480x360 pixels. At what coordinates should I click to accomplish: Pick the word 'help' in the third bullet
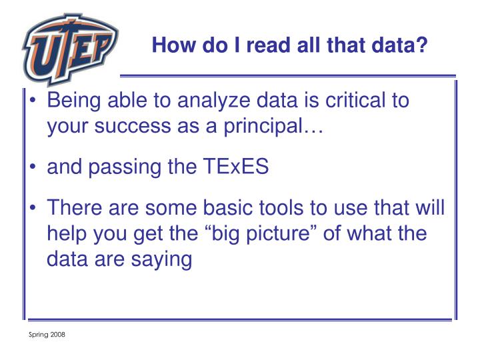pyautogui.click(x=67, y=233)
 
